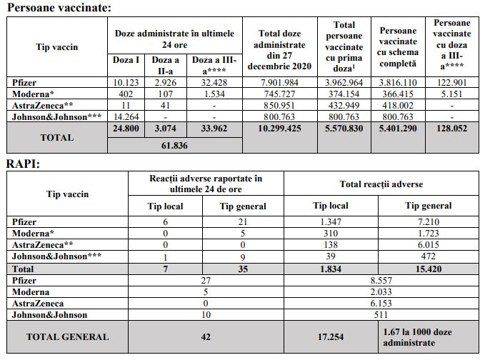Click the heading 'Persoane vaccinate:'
54,8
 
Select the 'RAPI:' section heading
23,164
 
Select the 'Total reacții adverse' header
381,184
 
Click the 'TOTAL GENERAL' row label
68,337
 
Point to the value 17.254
331,337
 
